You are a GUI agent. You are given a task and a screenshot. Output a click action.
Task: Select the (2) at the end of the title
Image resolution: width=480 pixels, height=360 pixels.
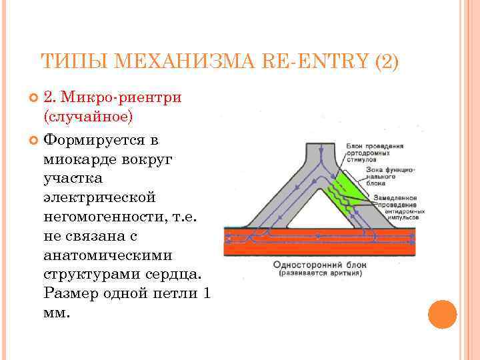[x=387, y=62]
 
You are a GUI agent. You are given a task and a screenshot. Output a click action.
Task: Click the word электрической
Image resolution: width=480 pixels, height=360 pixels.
[x=99, y=198]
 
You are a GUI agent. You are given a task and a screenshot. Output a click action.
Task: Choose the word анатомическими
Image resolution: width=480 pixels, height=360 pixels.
[x=107, y=255]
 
